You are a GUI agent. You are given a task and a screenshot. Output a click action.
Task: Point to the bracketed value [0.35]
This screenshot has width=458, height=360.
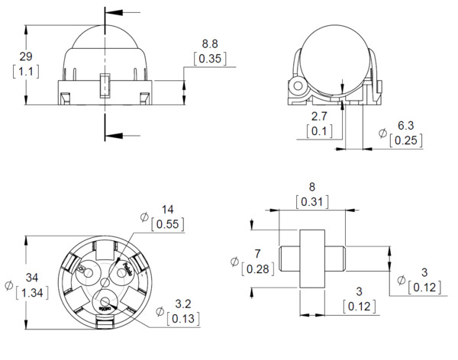coord(210,57)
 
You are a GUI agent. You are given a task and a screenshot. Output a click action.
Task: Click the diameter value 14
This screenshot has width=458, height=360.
coord(168,209)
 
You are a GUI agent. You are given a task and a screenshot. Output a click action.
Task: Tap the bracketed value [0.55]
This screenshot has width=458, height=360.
coord(168,223)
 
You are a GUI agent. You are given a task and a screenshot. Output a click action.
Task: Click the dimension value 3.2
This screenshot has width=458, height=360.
coord(182,304)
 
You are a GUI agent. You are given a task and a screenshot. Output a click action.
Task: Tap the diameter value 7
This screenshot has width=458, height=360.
coord(257,252)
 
